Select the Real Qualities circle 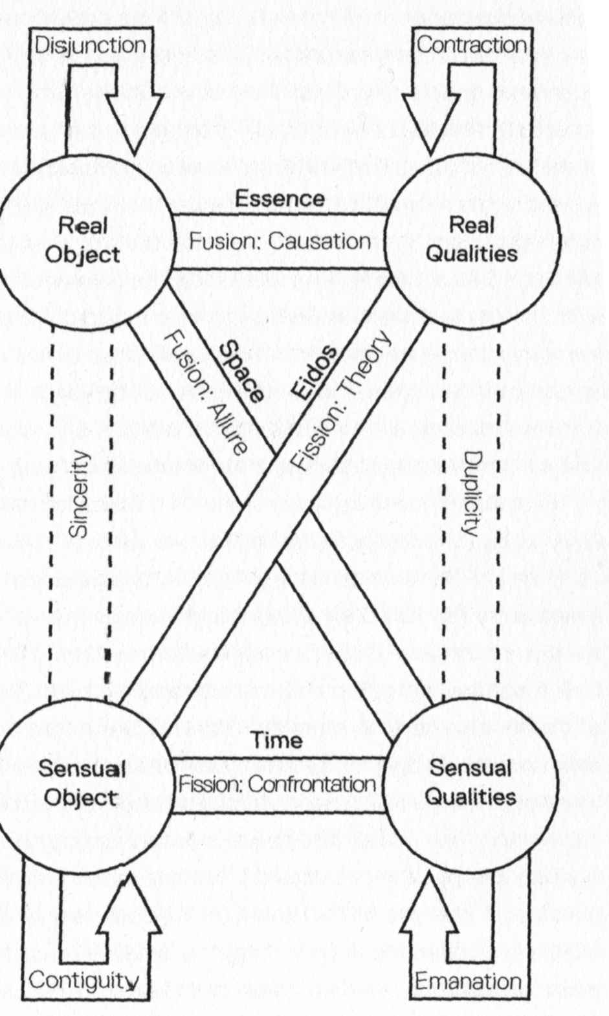click(472, 239)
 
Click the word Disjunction click(89, 45)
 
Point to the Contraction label click(471, 45)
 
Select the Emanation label click(468, 981)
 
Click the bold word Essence click(280, 198)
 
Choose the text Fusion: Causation click(280, 241)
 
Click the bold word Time click(277, 740)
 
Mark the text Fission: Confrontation click(277, 784)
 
